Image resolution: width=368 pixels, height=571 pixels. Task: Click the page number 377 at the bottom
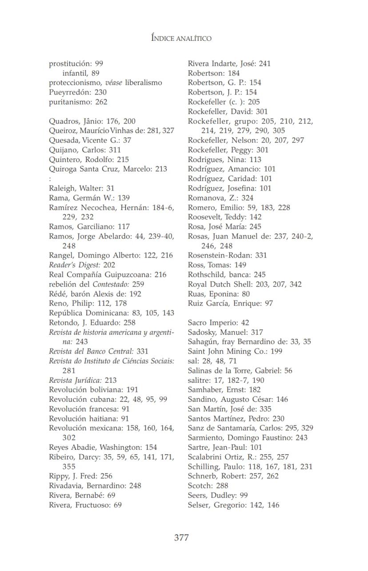[181, 538]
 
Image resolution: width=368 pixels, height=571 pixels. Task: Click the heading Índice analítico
[181, 38]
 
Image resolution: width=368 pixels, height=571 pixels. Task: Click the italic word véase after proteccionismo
[113, 83]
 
